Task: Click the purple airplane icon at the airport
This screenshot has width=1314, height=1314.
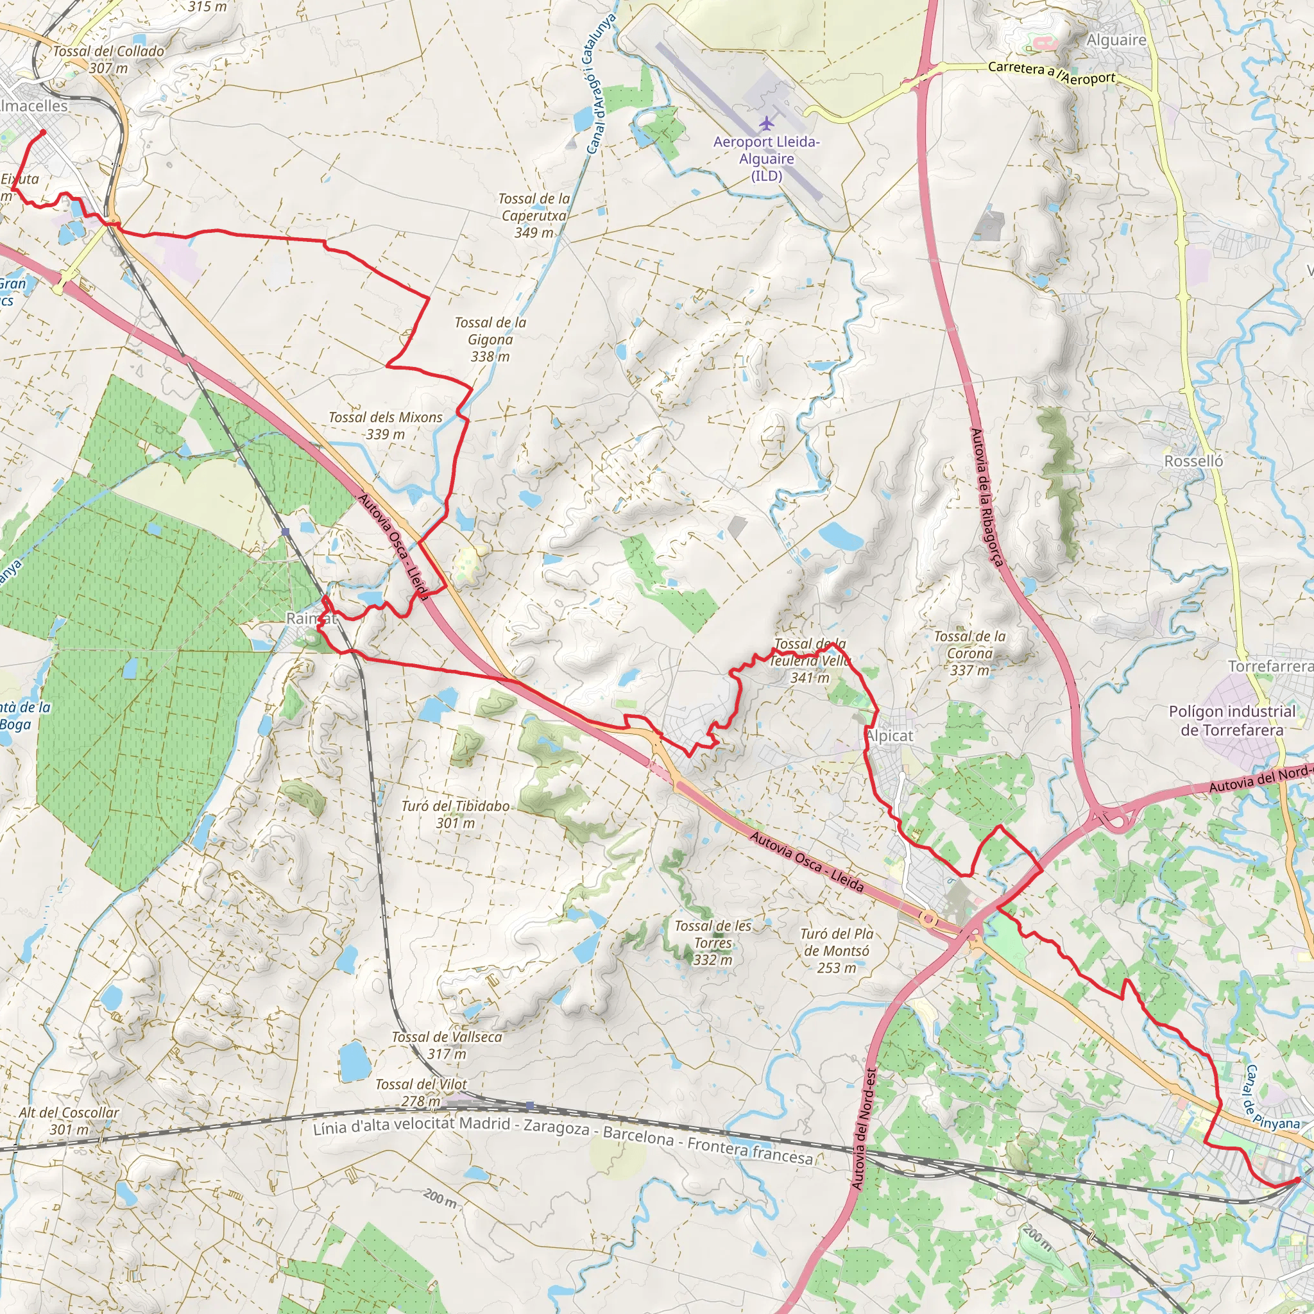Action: coord(767,123)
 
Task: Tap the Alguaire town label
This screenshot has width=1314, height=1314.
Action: coord(1116,40)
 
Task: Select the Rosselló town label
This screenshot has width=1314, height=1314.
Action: coord(1193,461)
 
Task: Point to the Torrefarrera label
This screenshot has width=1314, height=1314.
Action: coord(1270,666)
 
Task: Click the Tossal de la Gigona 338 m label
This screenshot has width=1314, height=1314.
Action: coord(490,339)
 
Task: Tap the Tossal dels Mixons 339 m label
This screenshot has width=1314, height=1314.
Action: coord(385,426)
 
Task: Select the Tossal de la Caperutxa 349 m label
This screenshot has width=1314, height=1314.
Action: coord(534,216)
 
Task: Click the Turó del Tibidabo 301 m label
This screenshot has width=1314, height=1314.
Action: coord(455,814)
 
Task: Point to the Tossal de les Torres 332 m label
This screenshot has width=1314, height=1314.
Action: coord(713,943)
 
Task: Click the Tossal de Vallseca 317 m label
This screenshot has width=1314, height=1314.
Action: coord(447,1045)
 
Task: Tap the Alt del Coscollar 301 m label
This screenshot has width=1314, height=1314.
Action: coord(69,1121)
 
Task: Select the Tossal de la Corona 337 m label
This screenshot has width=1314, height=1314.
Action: coord(969,653)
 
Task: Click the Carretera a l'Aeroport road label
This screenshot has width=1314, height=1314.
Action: coord(1052,73)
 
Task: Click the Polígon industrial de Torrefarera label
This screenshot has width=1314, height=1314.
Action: coord(1232,721)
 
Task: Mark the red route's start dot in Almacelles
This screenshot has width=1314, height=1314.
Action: coord(43,132)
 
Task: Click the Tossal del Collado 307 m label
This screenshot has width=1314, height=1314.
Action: coord(109,59)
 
